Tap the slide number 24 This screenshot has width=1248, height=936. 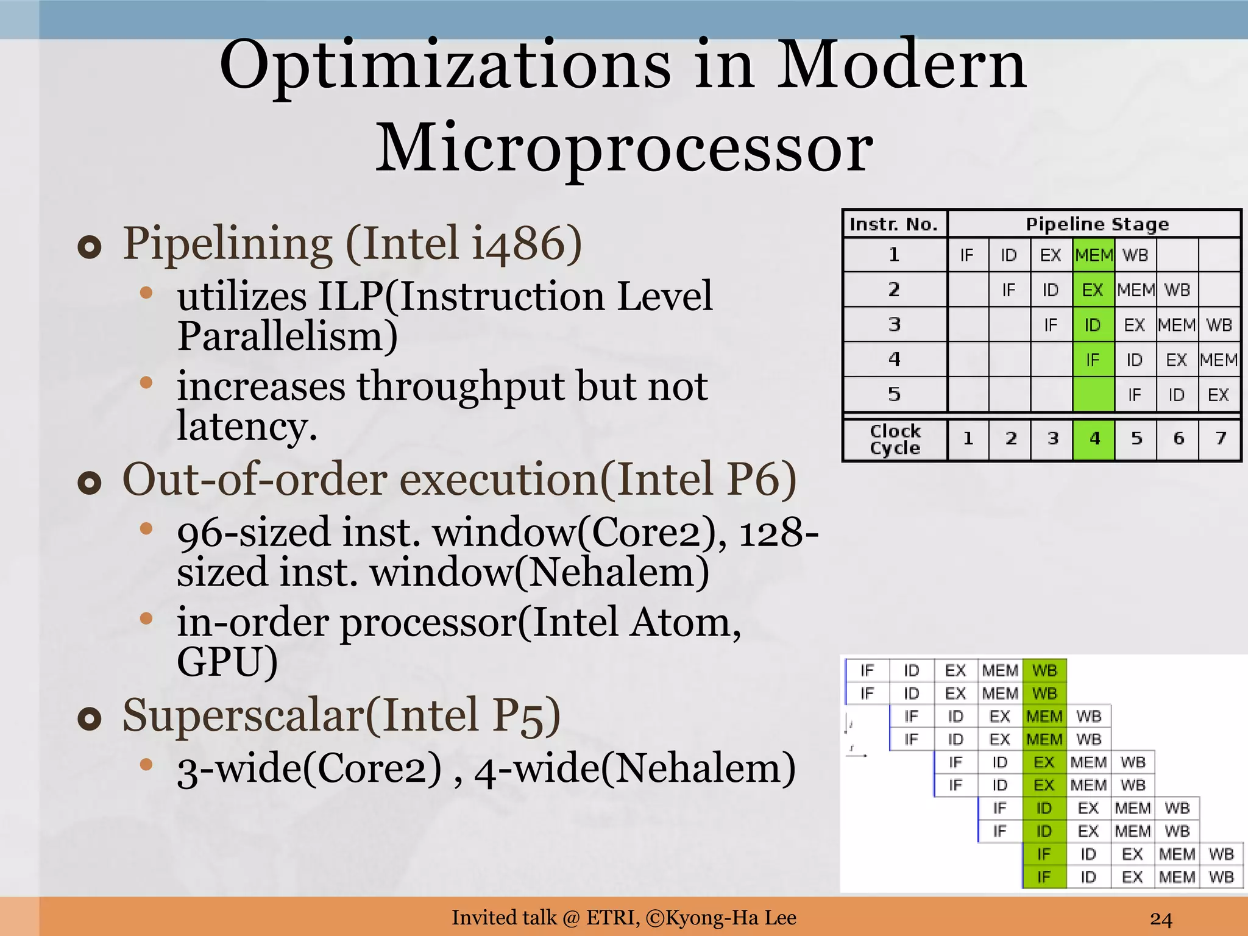pyautogui.click(x=1161, y=918)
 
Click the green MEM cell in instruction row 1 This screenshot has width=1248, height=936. pyautogui.click(x=1093, y=255)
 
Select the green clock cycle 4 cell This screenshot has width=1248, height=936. pyautogui.click(x=1094, y=438)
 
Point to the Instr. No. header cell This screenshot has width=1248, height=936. pyautogui.click(x=894, y=224)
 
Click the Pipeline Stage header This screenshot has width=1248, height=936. pyautogui.click(x=1097, y=224)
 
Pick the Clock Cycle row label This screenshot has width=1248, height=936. pyautogui.click(x=895, y=439)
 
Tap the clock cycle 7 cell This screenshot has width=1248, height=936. pyautogui.click(x=1220, y=438)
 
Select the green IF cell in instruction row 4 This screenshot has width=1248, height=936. pyautogui.click(x=1093, y=360)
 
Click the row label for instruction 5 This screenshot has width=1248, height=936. pyautogui.click(x=894, y=394)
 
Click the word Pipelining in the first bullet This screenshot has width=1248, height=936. pyautogui.click(x=227, y=244)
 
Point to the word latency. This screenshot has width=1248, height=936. pyautogui.click(x=247, y=426)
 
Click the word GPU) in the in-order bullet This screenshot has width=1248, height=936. pyautogui.click(x=227, y=662)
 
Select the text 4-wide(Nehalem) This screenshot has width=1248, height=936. pyautogui.click(x=634, y=768)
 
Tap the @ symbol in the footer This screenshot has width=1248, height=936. pyautogui.click(x=571, y=918)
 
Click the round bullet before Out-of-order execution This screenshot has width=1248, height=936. pyautogui.click(x=90, y=483)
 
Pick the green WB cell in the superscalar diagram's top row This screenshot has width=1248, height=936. pyautogui.click(x=1044, y=670)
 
